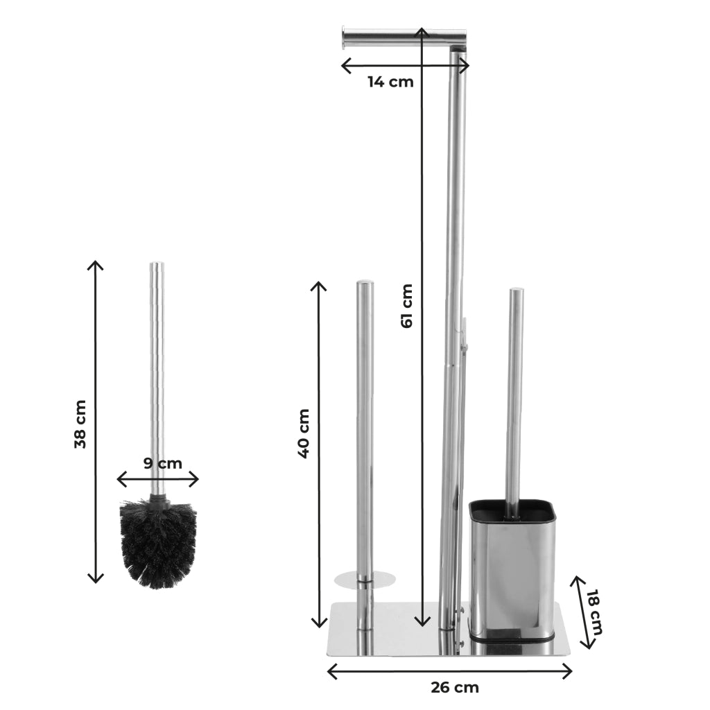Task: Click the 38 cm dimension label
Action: (80, 424)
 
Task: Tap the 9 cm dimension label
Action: (163, 463)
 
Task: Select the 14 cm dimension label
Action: (390, 82)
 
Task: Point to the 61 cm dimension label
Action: (407, 306)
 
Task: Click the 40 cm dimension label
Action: (304, 433)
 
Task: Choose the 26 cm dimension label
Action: (455, 687)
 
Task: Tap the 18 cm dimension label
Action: (594, 612)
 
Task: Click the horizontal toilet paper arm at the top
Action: (404, 37)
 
